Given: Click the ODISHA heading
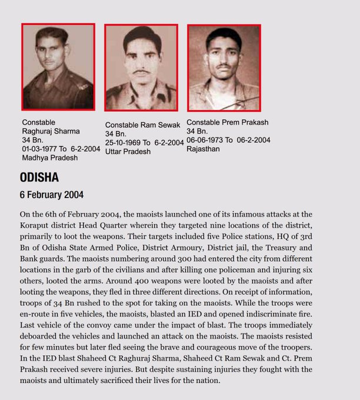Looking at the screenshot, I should (x=39, y=178).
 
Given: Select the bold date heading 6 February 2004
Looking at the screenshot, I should (x=52, y=195).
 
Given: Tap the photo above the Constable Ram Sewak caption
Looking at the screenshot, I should (x=141, y=67).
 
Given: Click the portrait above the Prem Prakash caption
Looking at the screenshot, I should (x=224, y=67).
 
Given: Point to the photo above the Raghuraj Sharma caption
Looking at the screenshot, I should (x=58, y=66).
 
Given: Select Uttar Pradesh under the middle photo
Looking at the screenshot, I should (x=128, y=152).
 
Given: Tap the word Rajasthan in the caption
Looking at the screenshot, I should (x=204, y=149).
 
